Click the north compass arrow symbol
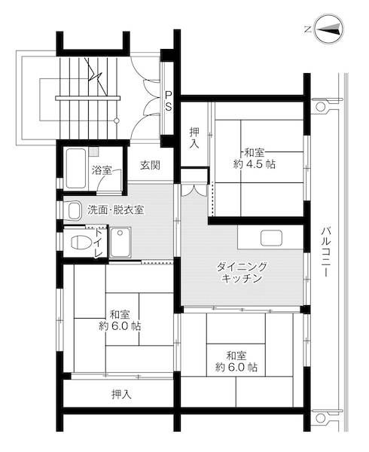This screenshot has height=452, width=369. (328, 29)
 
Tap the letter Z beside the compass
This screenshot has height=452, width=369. (307, 29)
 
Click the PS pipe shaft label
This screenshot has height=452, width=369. (169, 99)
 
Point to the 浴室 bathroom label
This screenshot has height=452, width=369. (102, 170)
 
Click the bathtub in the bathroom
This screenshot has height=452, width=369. (75, 168)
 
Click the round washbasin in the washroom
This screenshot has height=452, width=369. (74, 210)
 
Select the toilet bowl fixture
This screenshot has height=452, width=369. (78, 242)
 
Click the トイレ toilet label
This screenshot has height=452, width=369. (99, 243)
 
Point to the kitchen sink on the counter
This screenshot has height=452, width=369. (271, 237)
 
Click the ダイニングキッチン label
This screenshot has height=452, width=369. (242, 273)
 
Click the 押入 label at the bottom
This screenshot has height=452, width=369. (120, 394)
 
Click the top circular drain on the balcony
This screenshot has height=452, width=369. (320, 107)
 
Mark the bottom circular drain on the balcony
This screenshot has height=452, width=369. (321, 417)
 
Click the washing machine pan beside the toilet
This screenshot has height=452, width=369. (120, 242)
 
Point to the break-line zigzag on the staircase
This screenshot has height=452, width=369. (96, 73)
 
